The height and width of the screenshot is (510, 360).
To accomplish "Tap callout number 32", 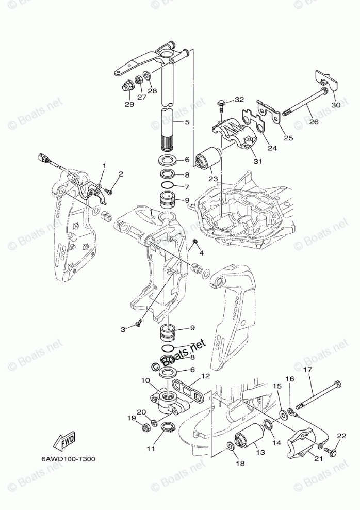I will [x=239, y=99].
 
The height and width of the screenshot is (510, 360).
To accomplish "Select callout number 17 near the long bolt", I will [x=308, y=370].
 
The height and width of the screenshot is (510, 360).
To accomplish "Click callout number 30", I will [x=336, y=105].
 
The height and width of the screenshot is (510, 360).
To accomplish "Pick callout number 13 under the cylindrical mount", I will [x=259, y=452].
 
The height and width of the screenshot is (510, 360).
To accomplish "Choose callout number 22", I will [x=340, y=437].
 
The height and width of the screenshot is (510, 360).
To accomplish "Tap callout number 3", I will [x=123, y=329].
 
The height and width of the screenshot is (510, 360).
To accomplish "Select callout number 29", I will [x=129, y=104].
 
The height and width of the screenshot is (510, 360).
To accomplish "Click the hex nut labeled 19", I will [x=145, y=428].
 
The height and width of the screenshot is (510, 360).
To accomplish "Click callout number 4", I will [x=202, y=253].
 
